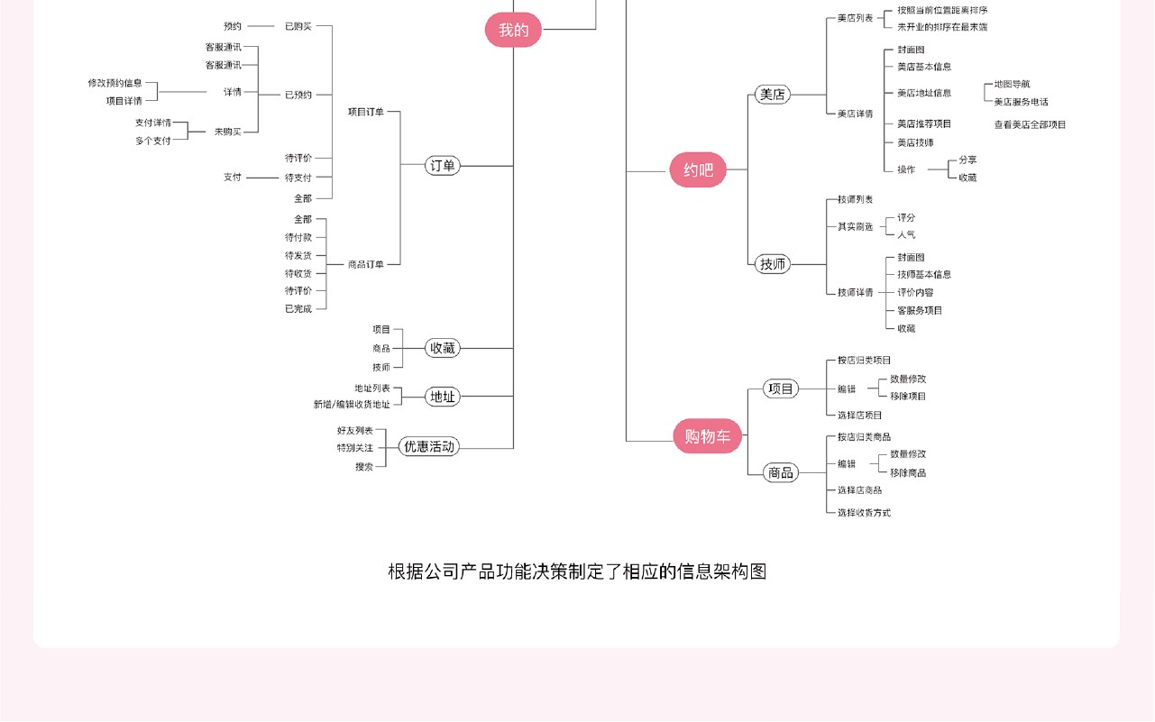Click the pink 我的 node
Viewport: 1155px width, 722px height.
pos(514,30)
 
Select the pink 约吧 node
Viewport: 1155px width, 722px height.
pos(698,169)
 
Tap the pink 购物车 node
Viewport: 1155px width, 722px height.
pos(708,437)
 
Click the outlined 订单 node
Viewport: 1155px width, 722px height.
pos(443,166)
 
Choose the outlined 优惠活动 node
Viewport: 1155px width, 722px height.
pos(429,446)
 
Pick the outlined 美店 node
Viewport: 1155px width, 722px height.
pos(773,95)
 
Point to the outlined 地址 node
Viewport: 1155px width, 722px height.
pos(443,397)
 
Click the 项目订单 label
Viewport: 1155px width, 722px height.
pos(366,112)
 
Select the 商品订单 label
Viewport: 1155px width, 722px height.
pos(366,265)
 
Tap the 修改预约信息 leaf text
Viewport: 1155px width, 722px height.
pos(115,83)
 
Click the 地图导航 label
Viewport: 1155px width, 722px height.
pos(1012,84)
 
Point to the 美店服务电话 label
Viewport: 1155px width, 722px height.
pos(1021,102)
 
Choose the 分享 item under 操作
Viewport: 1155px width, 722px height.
pos(967,160)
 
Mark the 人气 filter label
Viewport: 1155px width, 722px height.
pos(906,235)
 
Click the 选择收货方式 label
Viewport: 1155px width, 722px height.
pos(864,513)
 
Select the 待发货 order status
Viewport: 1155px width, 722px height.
pos(298,256)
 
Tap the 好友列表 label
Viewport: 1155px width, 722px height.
pos(354,431)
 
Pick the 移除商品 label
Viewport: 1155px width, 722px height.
pos(908,473)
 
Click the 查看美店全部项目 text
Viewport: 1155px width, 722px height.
pos(1030,125)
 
